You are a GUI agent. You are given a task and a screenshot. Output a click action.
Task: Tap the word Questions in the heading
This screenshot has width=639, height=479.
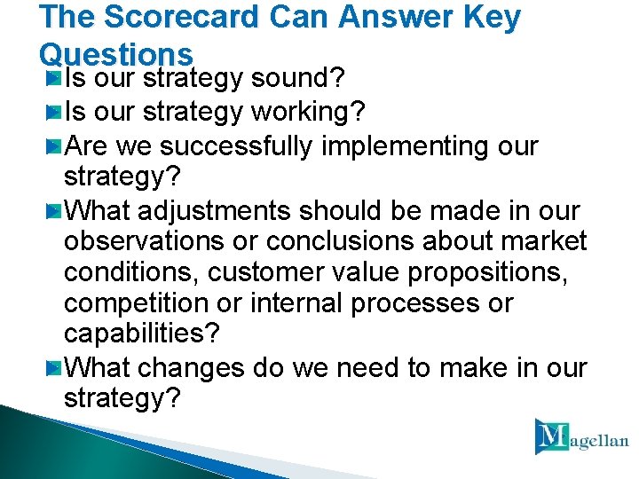click(116, 55)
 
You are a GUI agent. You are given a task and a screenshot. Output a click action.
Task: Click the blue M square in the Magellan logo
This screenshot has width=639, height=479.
click(552, 436)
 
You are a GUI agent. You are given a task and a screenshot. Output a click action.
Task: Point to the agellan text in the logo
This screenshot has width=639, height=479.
click(600, 441)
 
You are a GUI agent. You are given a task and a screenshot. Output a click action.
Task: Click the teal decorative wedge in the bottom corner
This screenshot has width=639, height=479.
click(53, 448)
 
